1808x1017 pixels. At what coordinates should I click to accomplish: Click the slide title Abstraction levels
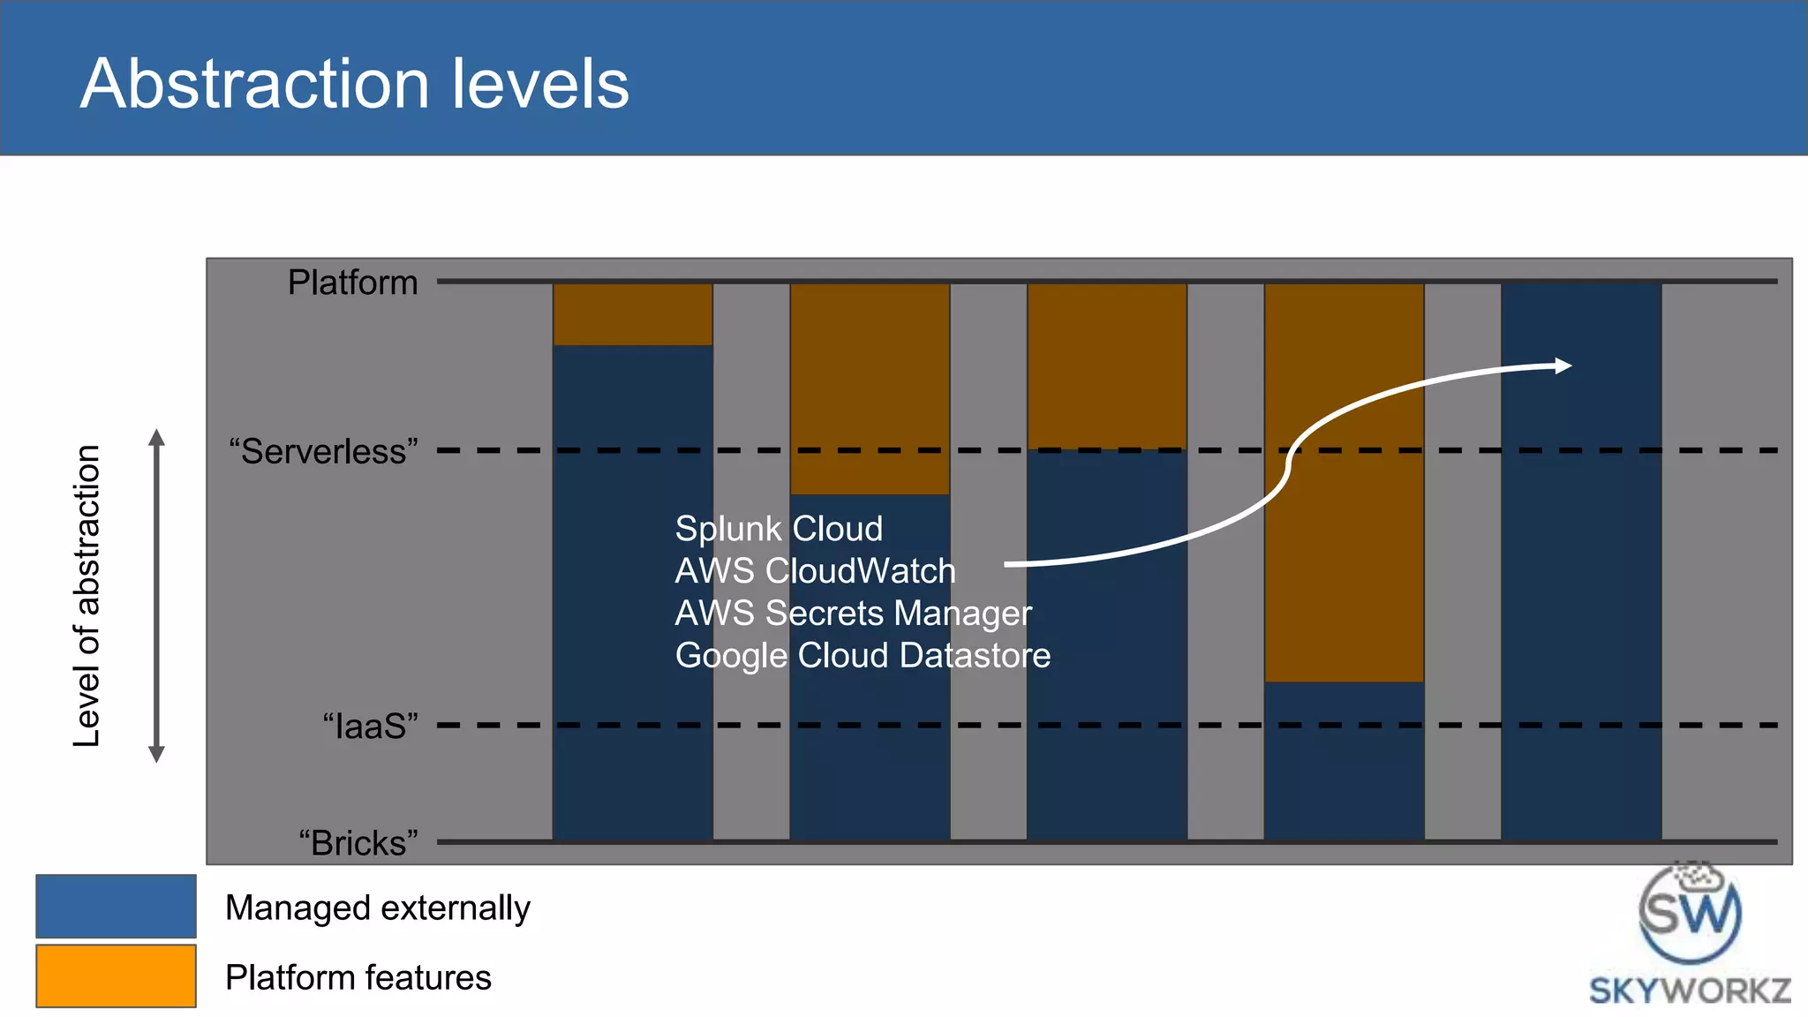(354, 84)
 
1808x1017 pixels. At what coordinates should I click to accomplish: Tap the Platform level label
(352, 282)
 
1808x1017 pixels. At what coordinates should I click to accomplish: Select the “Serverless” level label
(323, 451)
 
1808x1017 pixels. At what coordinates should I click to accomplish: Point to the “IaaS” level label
(370, 727)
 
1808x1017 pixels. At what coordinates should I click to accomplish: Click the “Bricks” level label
(358, 842)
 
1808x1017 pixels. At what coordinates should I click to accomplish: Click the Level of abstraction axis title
(87, 596)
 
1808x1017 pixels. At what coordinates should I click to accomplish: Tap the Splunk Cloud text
(779, 529)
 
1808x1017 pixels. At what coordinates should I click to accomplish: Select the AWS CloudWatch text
(815, 571)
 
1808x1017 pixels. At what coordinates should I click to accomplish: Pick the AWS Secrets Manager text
(853, 613)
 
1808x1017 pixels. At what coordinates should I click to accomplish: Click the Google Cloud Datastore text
(863, 655)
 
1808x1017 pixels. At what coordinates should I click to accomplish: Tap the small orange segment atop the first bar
(632, 314)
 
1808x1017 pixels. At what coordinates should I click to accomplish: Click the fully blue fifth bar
(1581, 618)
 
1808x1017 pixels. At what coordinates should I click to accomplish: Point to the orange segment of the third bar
(1106, 365)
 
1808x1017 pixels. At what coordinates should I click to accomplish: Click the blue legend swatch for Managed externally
(116, 906)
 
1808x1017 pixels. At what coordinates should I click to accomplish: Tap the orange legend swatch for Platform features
(116, 976)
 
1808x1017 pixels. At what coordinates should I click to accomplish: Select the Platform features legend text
(358, 977)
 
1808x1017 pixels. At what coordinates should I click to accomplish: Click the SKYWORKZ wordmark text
(1690, 991)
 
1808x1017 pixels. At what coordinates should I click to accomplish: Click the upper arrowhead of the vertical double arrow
(157, 438)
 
